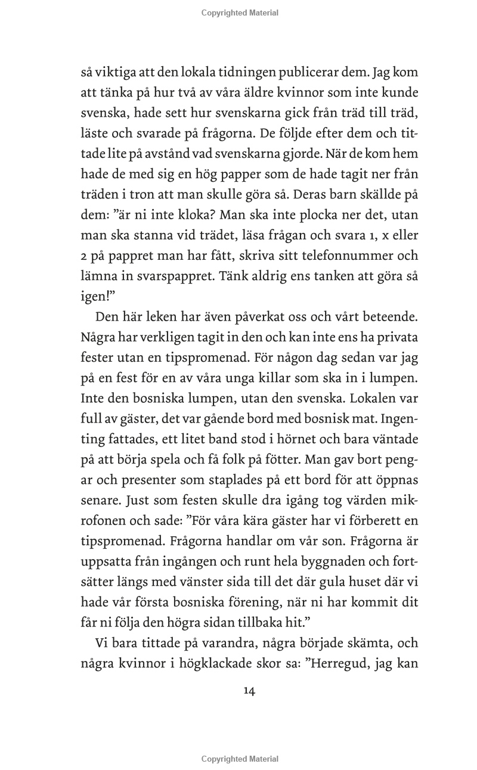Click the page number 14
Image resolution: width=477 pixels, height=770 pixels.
249,691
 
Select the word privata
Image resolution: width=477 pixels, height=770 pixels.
396,337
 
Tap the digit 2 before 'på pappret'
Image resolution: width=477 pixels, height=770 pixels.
84,256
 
